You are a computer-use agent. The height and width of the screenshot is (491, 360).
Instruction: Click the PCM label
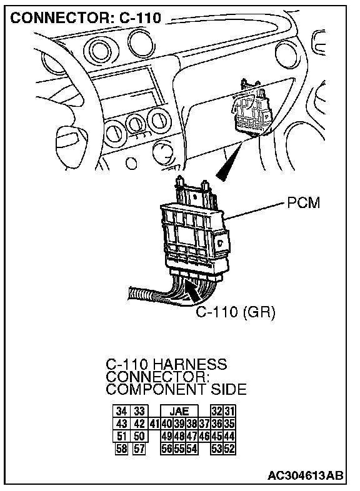click(303, 202)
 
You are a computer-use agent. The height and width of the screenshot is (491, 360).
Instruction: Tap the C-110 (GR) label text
click(235, 312)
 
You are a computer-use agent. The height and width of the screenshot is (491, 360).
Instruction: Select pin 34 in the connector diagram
click(121, 411)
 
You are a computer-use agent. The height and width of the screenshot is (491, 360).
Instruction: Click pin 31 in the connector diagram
click(229, 411)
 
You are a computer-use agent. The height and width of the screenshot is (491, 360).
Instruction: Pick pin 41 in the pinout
click(155, 424)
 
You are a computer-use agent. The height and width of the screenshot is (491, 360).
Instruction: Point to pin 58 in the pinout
click(121, 449)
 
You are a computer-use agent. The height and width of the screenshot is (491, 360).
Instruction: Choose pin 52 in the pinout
click(229, 449)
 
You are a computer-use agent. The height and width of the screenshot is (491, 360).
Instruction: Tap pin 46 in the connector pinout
click(204, 436)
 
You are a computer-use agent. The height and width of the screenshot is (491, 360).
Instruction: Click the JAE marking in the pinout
click(179, 411)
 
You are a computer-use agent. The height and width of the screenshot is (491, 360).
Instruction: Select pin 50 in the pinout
click(139, 436)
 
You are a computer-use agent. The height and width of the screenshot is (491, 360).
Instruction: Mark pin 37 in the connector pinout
click(204, 424)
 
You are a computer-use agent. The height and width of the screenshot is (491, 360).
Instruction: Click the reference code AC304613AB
click(305, 475)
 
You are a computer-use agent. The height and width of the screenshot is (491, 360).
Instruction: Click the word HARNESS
click(190, 364)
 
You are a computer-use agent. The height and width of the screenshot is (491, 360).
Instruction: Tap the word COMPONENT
click(156, 390)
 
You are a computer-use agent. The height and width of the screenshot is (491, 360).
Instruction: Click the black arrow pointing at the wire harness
click(194, 291)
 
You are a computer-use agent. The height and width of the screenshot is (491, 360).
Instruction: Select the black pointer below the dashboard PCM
click(229, 161)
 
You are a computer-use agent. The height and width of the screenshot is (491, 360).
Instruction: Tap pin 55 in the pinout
click(179, 449)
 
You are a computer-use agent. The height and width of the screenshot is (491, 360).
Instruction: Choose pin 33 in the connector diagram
click(139, 411)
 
